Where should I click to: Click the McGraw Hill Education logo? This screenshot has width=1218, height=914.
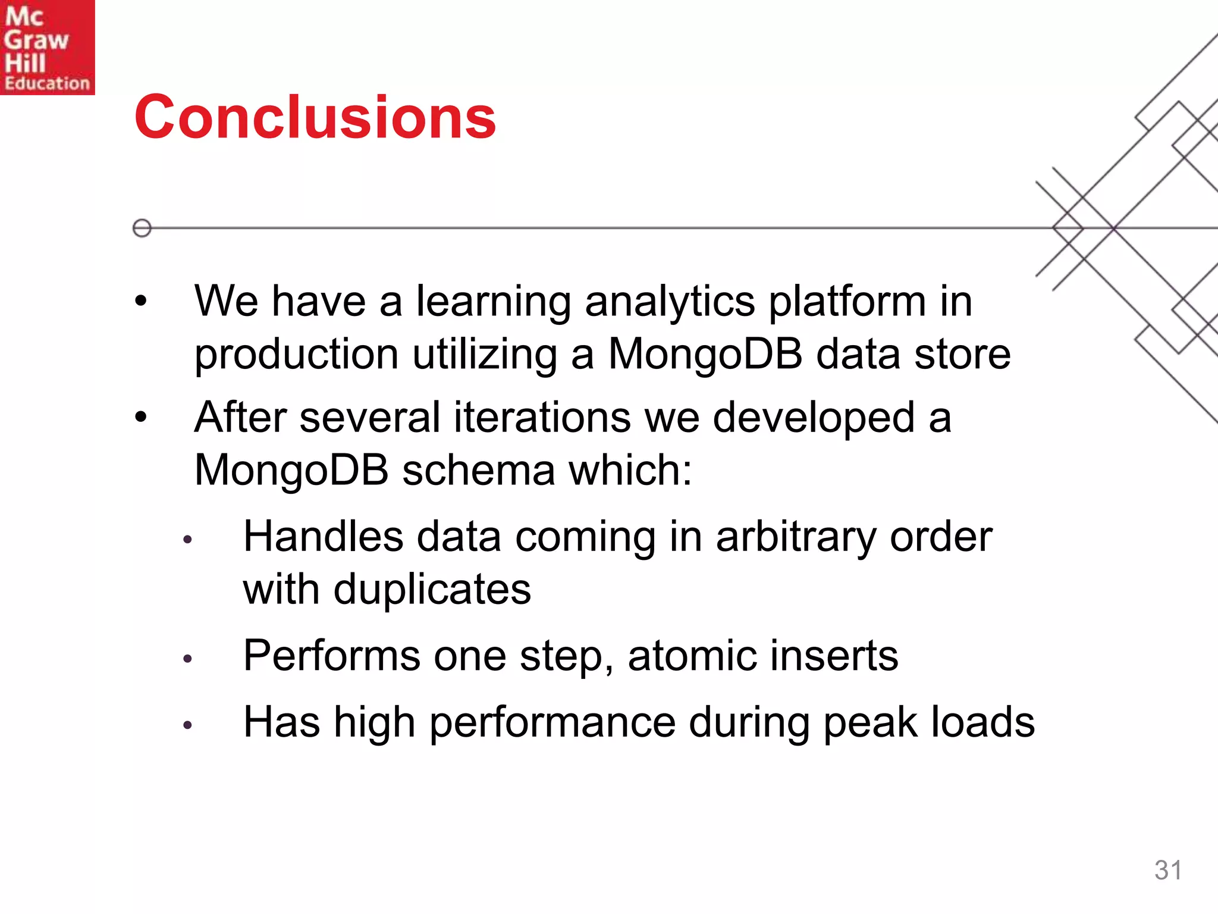coord(47,47)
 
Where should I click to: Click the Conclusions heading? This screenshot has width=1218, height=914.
coord(315,117)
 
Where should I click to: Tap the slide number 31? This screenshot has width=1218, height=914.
coord(1168,870)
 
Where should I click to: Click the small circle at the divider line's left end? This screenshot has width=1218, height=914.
coord(142,228)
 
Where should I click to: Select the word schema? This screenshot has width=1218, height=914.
coord(478,470)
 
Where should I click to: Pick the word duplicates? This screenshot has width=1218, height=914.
coord(432,590)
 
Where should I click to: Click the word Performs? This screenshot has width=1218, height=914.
coord(332,656)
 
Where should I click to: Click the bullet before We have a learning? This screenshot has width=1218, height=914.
coord(140,302)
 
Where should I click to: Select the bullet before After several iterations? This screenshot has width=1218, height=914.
coord(140,417)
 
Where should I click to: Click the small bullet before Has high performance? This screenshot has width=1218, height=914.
coord(188,725)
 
